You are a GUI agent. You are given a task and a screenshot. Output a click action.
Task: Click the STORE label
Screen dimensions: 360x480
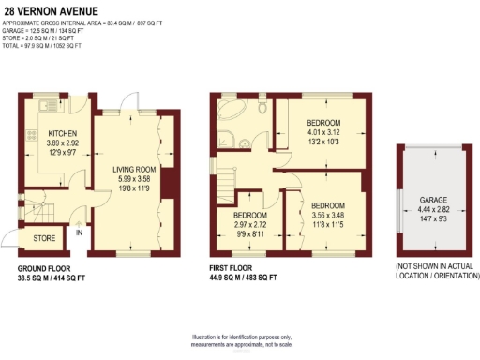click(45, 238)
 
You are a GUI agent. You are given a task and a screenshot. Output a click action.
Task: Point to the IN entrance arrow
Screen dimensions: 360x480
click(80, 233)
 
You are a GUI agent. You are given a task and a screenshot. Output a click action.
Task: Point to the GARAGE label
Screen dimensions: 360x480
click(433, 200)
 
